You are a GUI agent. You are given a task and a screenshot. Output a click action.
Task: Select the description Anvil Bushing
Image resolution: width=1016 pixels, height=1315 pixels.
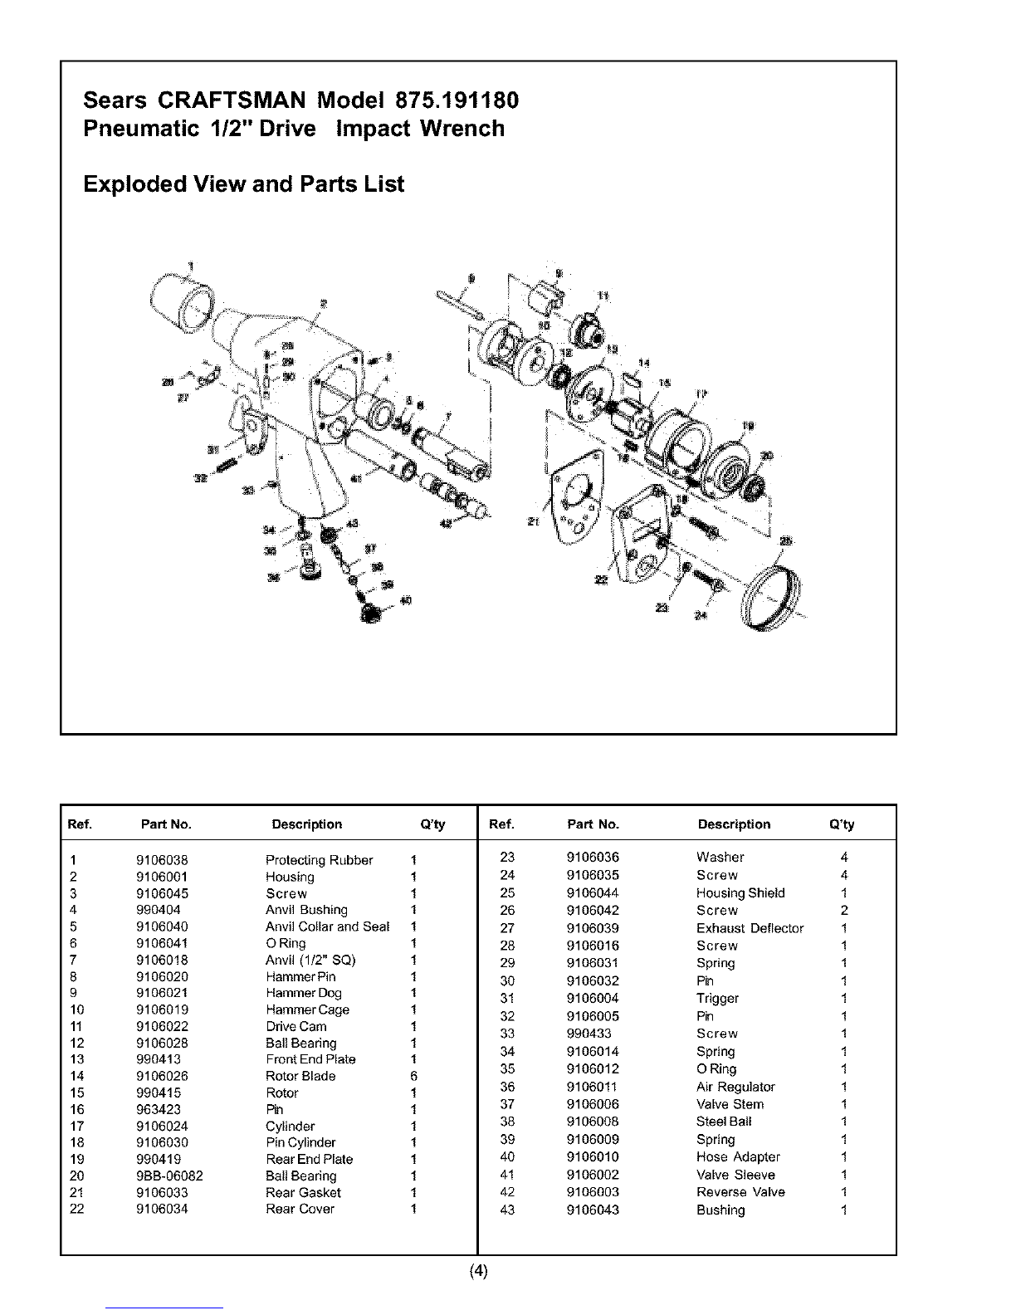306,910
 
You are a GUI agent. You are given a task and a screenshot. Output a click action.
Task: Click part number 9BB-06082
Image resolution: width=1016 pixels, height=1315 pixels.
169,1176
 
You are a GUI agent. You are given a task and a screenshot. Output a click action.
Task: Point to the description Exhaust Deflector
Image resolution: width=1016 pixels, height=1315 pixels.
750,928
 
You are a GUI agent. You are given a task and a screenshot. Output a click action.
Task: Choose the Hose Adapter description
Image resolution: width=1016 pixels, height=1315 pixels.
738,1156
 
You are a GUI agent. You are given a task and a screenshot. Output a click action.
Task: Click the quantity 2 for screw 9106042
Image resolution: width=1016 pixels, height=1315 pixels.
844,911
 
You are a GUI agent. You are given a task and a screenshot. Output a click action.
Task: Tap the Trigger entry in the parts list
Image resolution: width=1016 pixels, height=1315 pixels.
717,998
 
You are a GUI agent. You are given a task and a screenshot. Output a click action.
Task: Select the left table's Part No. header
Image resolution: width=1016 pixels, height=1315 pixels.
166,824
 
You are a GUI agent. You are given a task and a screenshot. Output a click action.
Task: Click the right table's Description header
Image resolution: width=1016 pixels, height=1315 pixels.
734,824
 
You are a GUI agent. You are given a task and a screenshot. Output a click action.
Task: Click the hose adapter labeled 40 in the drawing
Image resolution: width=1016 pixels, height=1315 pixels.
371,613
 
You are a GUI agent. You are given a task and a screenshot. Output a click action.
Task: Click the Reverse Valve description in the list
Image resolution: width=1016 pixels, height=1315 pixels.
740,1192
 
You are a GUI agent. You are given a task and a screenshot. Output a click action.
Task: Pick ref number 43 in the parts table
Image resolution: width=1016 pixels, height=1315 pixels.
507,1210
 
